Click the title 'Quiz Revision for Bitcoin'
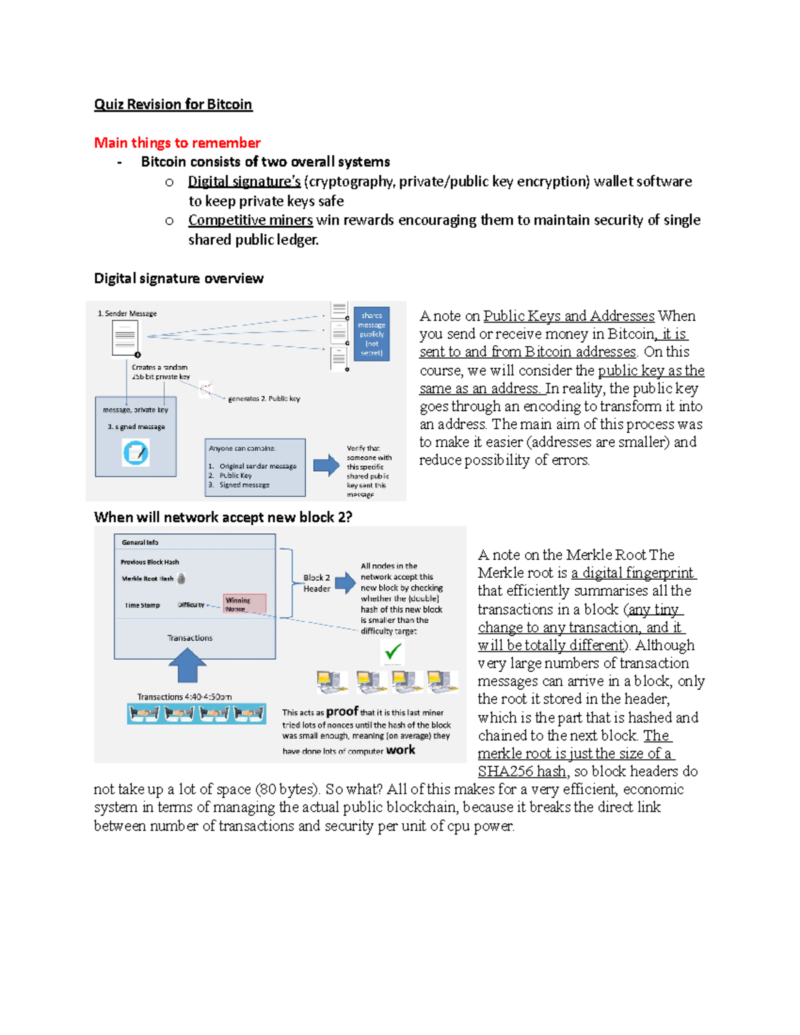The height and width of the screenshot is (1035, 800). point(173,105)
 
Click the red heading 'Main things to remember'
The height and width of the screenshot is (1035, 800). point(177,143)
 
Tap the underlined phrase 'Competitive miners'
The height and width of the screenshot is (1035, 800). point(250,220)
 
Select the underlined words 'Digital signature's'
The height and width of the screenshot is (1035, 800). point(244,181)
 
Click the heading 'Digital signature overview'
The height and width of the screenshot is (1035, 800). point(178,279)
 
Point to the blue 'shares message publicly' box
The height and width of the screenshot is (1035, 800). point(371,333)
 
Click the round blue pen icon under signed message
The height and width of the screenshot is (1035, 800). point(136,453)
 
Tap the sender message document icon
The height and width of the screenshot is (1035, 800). point(125,338)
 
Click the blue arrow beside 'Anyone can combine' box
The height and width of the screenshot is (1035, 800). point(326,465)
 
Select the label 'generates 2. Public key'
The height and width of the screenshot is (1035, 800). point(264,399)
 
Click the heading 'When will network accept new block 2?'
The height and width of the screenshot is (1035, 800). point(223,517)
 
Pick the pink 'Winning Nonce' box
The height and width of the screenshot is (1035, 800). point(244,604)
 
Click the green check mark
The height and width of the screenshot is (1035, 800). point(393,650)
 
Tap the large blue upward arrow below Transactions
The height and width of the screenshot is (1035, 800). point(187,665)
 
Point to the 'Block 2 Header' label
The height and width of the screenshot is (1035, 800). point(317,583)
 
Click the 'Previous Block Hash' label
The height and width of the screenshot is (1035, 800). point(150,562)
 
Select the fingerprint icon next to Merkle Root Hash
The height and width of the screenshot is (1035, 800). point(181,578)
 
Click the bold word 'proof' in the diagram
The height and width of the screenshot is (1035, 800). point(342,711)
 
